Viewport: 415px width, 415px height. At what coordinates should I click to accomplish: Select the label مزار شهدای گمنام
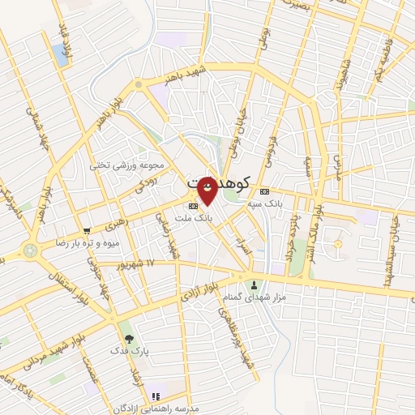pyautogui.click(x=255, y=298)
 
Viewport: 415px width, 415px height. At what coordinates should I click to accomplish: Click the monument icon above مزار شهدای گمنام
pyautogui.click(x=255, y=285)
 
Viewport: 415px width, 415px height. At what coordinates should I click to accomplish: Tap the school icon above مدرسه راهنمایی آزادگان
pyautogui.click(x=154, y=395)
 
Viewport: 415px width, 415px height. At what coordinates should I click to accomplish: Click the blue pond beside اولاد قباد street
pyautogui.click(x=60, y=54)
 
